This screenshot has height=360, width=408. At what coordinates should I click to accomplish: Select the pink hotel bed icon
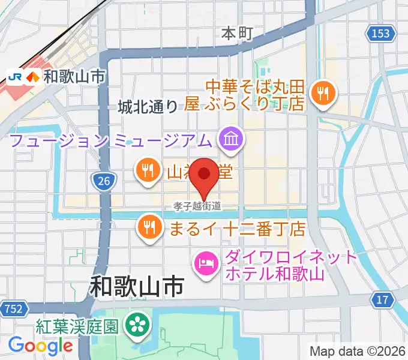point(206,262)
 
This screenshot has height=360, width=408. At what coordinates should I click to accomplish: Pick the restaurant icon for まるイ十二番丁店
point(147,227)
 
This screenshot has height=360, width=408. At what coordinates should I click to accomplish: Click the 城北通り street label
point(148,107)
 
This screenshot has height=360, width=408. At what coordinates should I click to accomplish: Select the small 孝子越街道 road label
point(197,206)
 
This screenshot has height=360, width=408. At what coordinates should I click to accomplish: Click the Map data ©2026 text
point(358,351)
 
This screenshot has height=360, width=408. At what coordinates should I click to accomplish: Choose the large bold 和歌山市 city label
point(137,286)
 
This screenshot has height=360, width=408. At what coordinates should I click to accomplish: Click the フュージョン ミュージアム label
point(111,140)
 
